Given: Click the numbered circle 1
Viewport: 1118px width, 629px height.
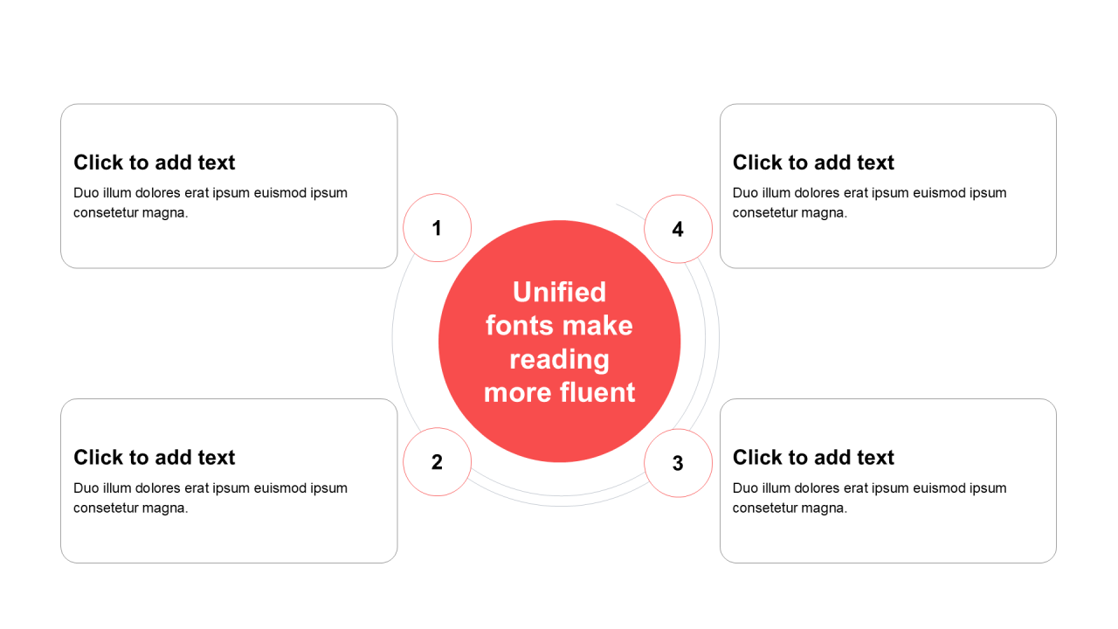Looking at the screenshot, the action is click(x=437, y=228).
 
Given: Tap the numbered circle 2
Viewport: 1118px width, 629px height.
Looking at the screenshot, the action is click(x=437, y=462).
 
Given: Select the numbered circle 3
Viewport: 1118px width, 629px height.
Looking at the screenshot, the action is click(x=678, y=463).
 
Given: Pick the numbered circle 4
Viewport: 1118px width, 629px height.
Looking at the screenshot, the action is click(x=678, y=229).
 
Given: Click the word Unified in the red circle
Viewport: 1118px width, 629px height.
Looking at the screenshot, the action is click(x=560, y=292).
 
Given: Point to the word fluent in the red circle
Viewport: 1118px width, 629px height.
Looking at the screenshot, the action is click(x=597, y=392).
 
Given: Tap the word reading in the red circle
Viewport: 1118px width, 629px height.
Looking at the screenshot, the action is click(x=560, y=360).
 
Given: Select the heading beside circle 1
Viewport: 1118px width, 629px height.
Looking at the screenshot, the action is click(x=155, y=162).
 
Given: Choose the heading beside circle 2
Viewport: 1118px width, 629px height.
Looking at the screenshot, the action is click(x=155, y=457).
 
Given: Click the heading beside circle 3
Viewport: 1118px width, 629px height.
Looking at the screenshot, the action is click(x=813, y=457).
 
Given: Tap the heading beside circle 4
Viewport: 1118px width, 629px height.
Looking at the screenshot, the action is click(x=813, y=162).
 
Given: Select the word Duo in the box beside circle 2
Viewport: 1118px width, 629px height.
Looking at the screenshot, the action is click(x=86, y=487).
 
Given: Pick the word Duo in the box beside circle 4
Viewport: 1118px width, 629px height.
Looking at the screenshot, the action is click(x=746, y=193).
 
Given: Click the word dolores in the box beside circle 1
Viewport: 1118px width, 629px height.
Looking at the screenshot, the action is click(x=158, y=193).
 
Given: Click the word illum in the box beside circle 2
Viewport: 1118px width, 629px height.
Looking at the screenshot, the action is click(x=117, y=487).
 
